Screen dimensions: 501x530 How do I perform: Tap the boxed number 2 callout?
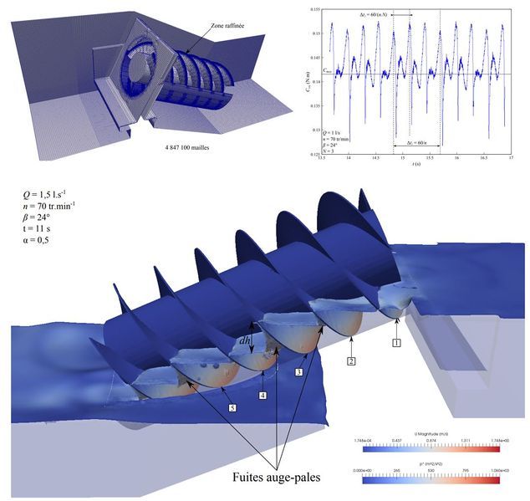click(352, 360)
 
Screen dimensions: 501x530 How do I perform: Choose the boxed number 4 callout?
click(262, 395)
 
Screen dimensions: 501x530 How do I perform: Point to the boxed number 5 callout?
click(232, 407)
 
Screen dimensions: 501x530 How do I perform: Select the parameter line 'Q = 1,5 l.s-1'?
click(50, 196)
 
